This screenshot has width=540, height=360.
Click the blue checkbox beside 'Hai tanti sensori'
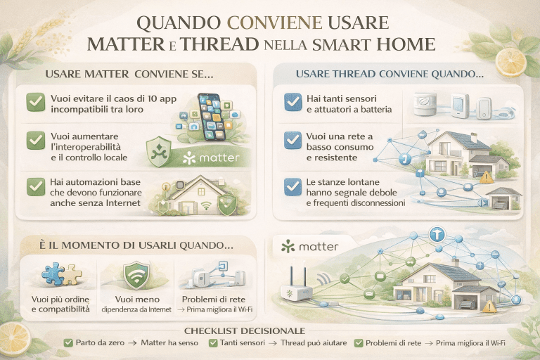click(292, 103)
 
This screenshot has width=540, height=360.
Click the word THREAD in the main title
click(220, 44)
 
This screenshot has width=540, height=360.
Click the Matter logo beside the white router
click(309, 247)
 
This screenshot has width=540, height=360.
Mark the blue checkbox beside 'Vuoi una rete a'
click(292, 140)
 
